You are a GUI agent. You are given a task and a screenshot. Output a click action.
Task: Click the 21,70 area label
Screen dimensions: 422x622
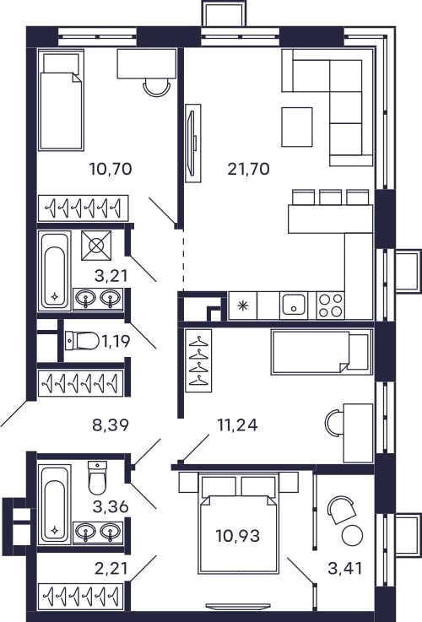coord(249,170)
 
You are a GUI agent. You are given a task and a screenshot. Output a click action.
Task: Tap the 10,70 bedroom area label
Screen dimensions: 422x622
coord(111,170)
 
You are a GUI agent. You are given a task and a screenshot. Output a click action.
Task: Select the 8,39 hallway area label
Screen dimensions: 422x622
coord(111,425)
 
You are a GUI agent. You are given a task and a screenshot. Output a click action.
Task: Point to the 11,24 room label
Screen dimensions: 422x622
coord(237,425)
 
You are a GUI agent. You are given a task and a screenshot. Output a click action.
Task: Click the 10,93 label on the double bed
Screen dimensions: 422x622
coord(238,536)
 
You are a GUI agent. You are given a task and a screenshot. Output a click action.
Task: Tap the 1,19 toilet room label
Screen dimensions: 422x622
coord(116,341)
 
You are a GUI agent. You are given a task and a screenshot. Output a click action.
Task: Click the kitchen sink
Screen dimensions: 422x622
coord(294,306)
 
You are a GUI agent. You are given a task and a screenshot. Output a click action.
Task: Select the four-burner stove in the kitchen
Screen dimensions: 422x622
coord(330,306)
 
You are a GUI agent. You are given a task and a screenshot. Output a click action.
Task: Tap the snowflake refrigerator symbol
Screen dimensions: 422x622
coord(242,306)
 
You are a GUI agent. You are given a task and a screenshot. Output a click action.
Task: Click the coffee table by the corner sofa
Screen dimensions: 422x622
coord(297,127)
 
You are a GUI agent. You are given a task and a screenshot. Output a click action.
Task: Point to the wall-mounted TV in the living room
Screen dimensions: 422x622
coord(193,143)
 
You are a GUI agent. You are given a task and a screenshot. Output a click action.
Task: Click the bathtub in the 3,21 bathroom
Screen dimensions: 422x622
coord(55,271)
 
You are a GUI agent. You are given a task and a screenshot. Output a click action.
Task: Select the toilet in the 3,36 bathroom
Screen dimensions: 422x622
coord(97,478)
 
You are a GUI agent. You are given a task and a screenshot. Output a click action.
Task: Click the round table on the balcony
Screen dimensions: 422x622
coord(352,536)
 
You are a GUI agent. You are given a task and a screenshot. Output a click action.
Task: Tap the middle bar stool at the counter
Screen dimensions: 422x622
coord(330,197)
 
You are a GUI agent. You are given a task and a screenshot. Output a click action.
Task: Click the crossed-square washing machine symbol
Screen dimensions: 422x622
coord(96,246)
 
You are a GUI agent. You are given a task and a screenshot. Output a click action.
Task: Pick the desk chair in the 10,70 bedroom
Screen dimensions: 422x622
coord(157,87)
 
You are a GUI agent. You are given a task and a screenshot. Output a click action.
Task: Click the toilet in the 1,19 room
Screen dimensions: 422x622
coord(83,341)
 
